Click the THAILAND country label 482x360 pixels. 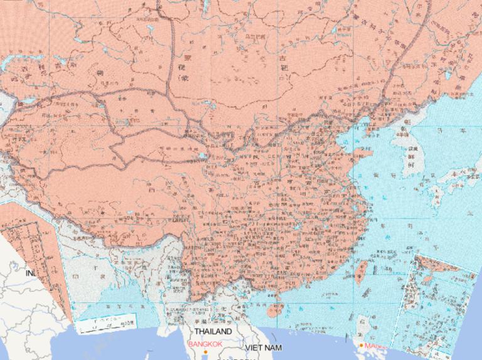point(213,331)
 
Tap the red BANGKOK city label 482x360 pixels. point(205,344)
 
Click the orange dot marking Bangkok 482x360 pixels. point(205,352)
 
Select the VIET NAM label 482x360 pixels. point(264,347)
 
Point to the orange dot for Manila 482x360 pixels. point(361,345)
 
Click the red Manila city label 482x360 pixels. point(375,346)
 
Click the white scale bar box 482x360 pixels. point(106,322)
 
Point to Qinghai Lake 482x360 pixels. point(201,156)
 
